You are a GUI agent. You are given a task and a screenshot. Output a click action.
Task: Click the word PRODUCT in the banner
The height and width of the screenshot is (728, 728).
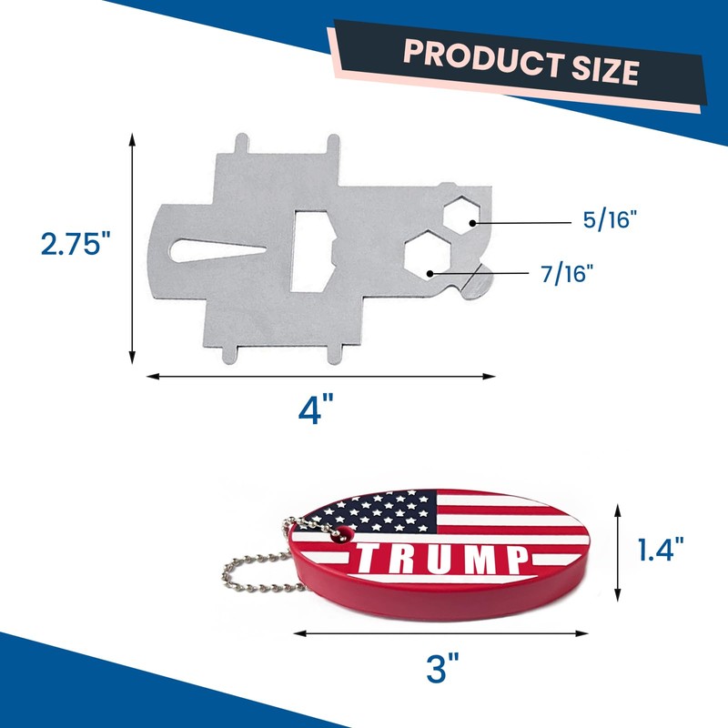[484, 57]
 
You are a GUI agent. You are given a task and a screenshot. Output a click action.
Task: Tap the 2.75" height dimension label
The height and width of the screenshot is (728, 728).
[76, 244]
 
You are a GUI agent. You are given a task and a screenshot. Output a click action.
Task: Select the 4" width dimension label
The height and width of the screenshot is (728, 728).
[316, 409]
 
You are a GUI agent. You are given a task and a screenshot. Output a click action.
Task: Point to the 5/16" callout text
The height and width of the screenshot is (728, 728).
[610, 219]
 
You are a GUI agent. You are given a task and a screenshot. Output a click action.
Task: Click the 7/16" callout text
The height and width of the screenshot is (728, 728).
[567, 274]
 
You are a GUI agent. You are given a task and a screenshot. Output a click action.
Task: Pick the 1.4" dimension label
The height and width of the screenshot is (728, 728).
[661, 550]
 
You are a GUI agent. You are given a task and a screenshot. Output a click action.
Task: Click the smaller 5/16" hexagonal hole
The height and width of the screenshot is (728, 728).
[460, 215]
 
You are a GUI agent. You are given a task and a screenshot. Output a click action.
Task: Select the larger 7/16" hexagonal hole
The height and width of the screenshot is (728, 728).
[427, 257]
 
